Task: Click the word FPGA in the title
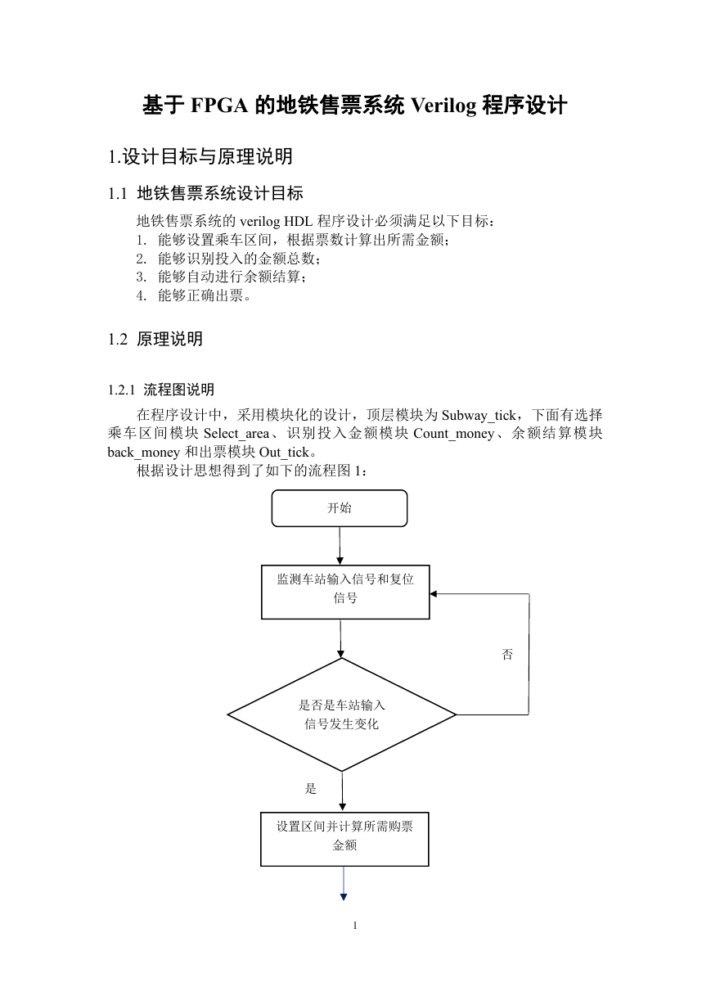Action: [219, 106]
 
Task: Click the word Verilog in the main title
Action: [443, 106]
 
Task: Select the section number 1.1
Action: [118, 194]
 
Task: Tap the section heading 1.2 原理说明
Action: [155, 339]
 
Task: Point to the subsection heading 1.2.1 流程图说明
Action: [161, 390]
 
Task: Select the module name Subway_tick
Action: [479, 416]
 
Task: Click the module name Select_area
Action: [236, 434]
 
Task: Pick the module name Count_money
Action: [453, 434]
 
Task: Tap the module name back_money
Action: [143, 453]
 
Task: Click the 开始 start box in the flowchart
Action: [340, 508]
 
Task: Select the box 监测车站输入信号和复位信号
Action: [345, 593]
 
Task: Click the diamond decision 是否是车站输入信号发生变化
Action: [342, 714]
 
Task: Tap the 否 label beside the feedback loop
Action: [507, 655]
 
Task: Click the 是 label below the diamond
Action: [310, 788]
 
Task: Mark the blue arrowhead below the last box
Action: [344, 897]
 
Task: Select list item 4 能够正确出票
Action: [194, 295]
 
